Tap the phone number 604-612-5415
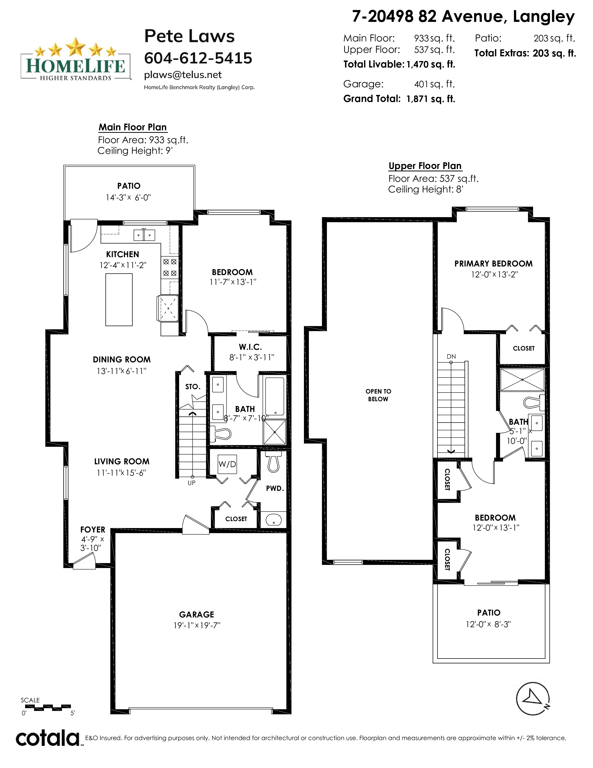(198, 58)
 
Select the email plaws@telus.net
(183, 75)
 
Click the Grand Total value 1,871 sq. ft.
(431, 99)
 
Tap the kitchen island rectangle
(119, 300)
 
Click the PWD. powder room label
(275, 488)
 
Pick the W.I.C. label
(250, 347)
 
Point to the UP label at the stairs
(191, 483)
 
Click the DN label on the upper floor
(451, 357)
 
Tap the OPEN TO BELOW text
(378, 395)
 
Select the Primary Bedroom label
(493, 264)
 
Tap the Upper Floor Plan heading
(425, 166)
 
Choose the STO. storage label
(193, 387)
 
